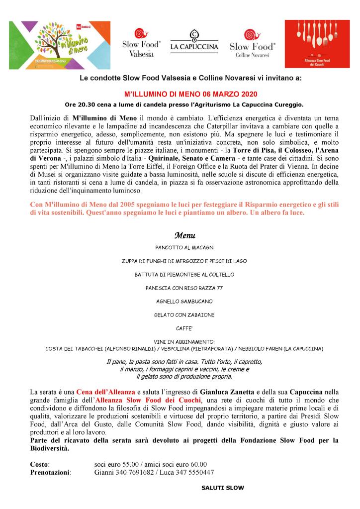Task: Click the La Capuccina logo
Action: (x=194, y=42)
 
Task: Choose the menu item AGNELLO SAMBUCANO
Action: (x=184, y=301)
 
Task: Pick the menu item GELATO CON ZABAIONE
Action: (x=184, y=314)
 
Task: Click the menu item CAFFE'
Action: (x=184, y=328)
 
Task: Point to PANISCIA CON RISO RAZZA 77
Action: (x=184, y=288)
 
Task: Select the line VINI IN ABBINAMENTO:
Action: (x=184, y=342)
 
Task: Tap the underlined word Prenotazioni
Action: (x=50, y=472)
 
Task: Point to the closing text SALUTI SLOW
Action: (x=222, y=488)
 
